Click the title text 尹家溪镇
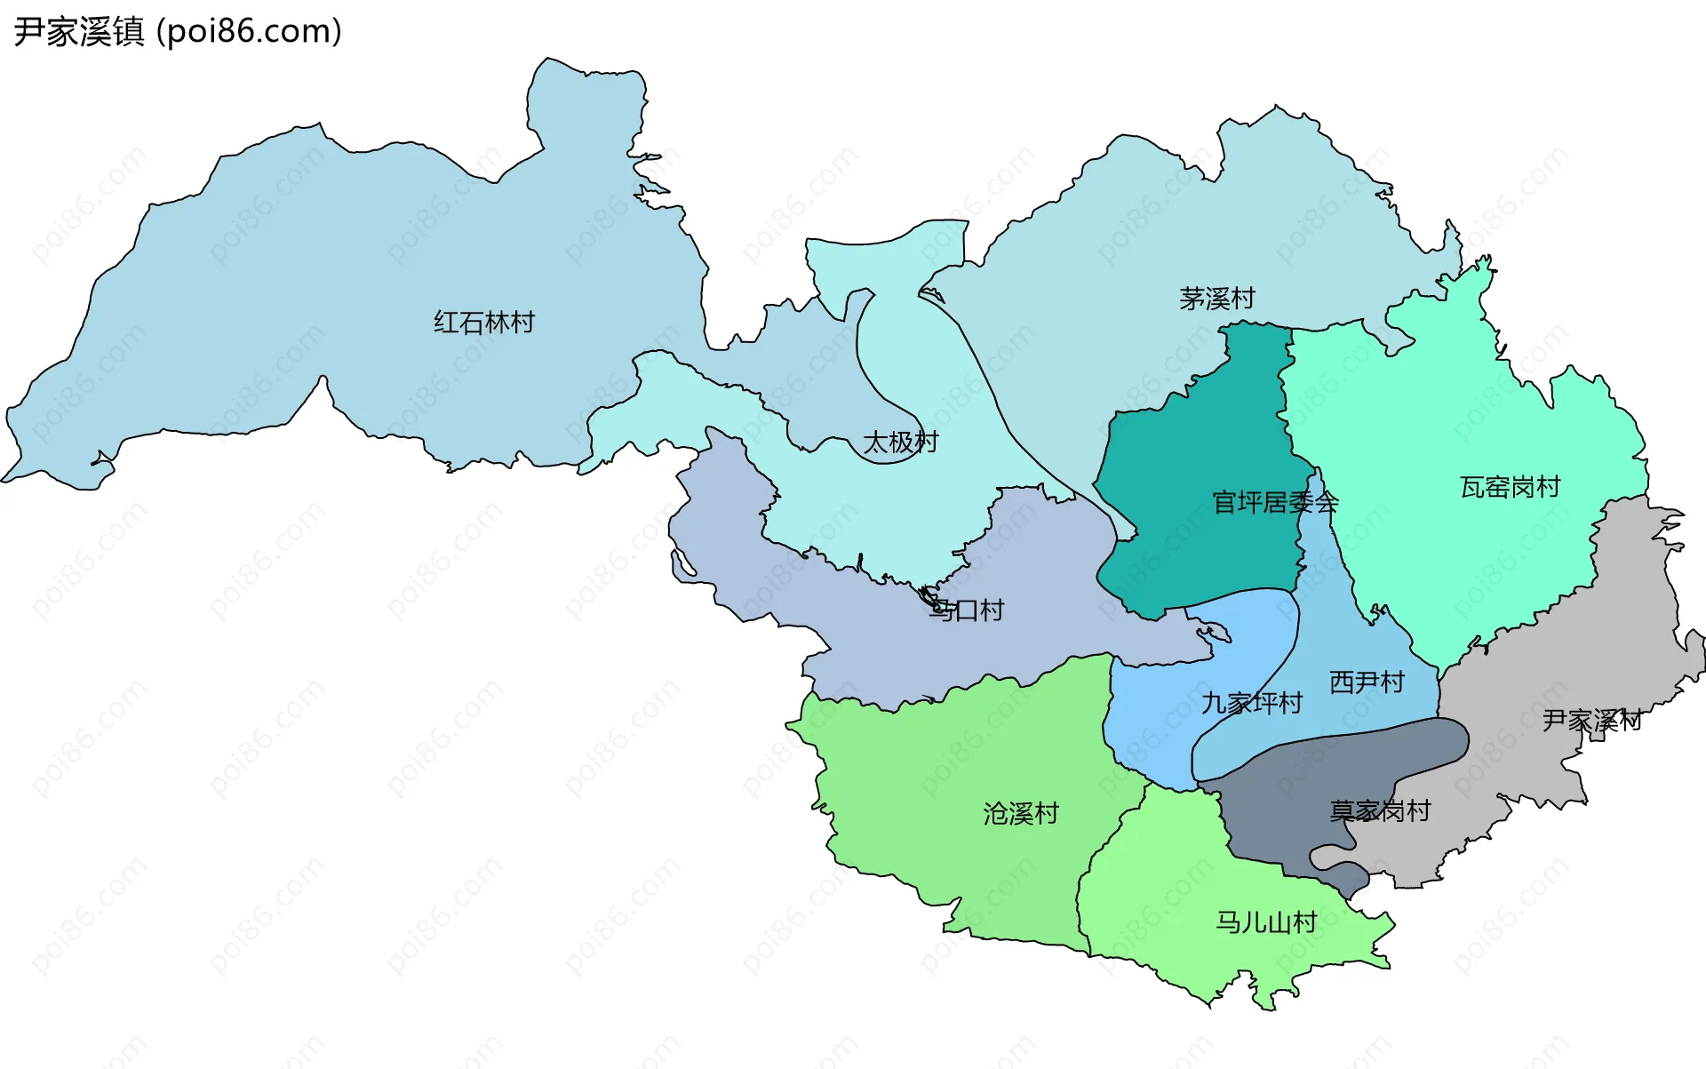(x=78, y=32)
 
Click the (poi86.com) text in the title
(x=249, y=32)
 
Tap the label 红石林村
(x=484, y=322)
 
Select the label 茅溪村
(x=1216, y=299)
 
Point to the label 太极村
(x=900, y=442)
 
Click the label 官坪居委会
(x=1275, y=503)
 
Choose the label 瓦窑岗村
(x=1510, y=487)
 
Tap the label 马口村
(x=966, y=610)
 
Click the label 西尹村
(x=1367, y=682)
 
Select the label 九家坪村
(x=1251, y=703)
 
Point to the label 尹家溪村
(x=1591, y=720)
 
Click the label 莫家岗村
(x=1379, y=810)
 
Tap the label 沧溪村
(x=1021, y=813)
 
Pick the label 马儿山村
(x=1266, y=922)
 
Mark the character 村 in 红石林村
(x=523, y=322)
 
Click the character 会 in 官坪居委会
(x=1327, y=503)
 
